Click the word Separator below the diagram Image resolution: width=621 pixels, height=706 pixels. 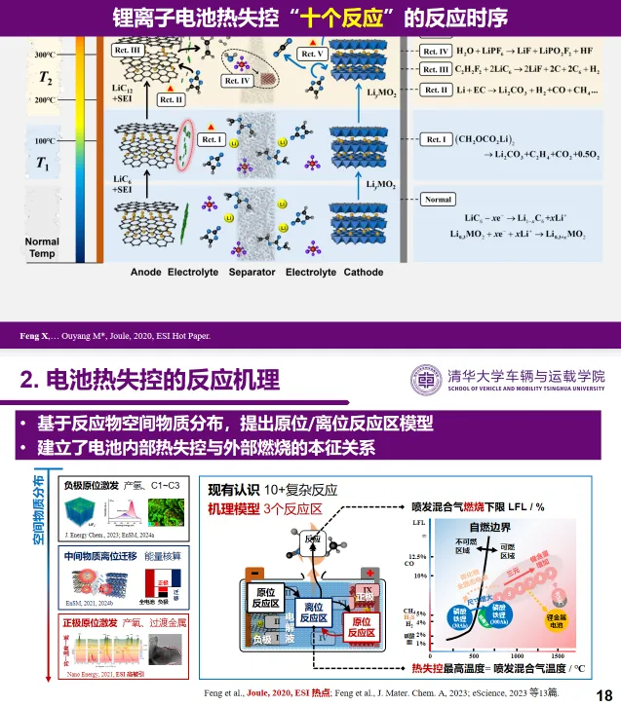click(x=252, y=273)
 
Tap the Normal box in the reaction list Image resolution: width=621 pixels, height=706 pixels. click(x=439, y=200)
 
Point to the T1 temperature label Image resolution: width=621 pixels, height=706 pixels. click(x=42, y=164)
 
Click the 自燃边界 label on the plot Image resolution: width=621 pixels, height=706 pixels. click(x=488, y=527)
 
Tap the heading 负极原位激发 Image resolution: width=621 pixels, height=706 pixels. click(x=91, y=484)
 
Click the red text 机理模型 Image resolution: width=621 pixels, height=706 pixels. click(x=233, y=508)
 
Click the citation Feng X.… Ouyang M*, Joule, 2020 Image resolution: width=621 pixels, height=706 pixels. click(x=115, y=336)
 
